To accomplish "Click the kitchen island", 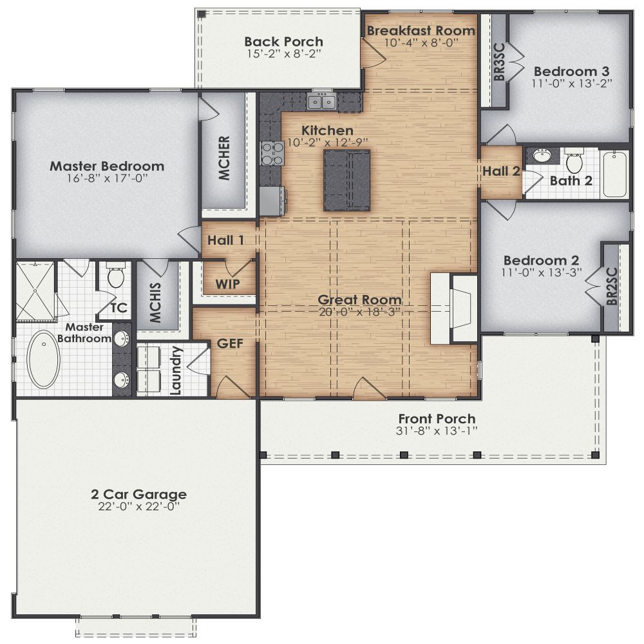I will (346, 180).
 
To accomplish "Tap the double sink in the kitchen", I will (321, 101).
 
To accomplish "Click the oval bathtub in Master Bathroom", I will (44, 359).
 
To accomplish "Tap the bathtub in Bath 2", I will (616, 174).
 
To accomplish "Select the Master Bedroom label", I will (107, 166).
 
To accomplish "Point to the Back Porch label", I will (283, 42).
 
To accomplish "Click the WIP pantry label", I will (228, 284).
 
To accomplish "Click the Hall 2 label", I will (502, 171).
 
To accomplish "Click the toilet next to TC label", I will (116, 277).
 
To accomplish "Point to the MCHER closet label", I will (223, 158).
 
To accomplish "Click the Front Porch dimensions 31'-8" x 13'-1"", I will (437, 430).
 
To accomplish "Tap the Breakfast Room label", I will (421, 30).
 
